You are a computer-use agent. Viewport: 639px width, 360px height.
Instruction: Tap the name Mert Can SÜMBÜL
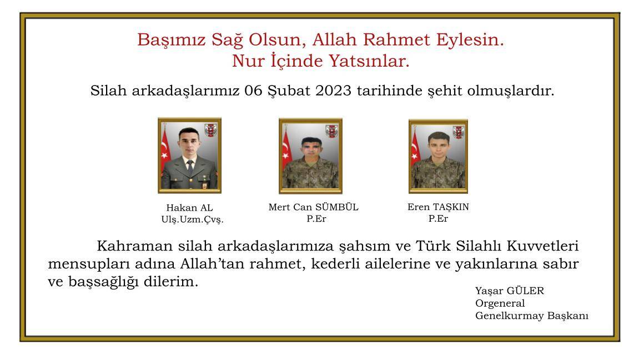click(313, 207)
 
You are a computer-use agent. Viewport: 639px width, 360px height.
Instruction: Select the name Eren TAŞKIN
click(438, 207)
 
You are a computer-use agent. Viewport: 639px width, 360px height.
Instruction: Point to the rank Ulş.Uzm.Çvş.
click(192, 219)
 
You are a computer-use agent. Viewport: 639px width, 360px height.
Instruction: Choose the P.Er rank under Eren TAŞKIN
click(438, 218)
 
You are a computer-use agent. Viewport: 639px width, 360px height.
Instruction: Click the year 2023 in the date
click(333, 91)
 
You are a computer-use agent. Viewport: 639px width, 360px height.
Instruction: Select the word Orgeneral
click(500, 303)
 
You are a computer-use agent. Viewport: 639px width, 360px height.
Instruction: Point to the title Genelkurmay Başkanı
click(531, 316)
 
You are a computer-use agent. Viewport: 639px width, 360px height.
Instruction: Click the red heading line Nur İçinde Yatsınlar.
click(320, 61)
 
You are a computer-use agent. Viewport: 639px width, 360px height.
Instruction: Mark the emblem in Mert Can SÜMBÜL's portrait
click(333, 132)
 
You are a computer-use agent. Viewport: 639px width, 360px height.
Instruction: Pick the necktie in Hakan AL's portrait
click(189, 166)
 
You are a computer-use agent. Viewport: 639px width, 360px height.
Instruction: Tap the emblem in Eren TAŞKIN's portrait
click(459, 132)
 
